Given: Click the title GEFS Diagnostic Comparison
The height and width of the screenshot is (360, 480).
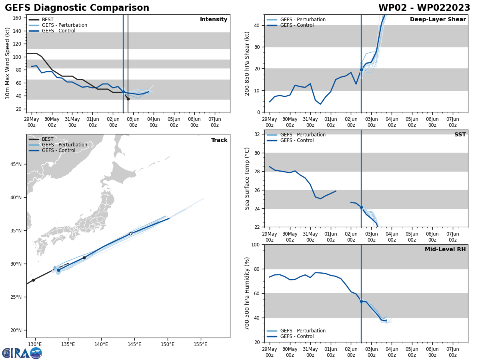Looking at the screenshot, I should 77,8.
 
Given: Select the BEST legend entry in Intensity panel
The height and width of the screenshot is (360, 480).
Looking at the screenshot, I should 47,20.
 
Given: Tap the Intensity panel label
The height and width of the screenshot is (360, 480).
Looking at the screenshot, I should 214,20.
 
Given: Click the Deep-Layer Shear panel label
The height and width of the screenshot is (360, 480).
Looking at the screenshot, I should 438,20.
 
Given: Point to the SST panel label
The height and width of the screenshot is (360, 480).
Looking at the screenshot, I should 460,135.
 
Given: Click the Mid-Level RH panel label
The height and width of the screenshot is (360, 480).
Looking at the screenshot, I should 445,250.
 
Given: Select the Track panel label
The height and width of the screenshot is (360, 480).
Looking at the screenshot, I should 219,140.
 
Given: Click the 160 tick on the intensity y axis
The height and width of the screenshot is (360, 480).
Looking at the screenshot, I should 18,18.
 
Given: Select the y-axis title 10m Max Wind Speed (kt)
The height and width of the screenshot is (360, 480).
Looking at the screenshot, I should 8,63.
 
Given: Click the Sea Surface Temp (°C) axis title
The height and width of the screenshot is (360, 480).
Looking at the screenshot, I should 247,178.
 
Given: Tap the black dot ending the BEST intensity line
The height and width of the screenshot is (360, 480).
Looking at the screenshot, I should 128,99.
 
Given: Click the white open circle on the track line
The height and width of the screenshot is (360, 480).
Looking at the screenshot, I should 130,234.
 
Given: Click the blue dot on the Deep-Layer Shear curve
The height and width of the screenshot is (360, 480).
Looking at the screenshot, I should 361,70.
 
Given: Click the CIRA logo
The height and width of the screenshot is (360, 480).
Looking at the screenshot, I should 22,353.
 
